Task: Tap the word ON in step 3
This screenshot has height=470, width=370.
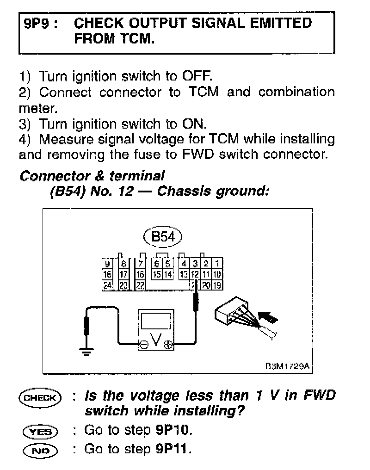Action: (194, 124)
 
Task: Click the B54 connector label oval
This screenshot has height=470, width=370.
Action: (163, 237)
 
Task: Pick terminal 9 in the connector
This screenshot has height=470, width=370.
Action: (108, 264)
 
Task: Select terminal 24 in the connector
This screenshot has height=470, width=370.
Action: (108, 285)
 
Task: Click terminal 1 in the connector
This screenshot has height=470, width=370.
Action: (218, 264)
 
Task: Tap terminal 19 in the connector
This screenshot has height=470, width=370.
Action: (218, 285)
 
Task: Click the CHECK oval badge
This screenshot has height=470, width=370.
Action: (40, 397)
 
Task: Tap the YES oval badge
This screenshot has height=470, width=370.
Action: (40, 431)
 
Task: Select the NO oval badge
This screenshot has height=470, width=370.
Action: (40, 449)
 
